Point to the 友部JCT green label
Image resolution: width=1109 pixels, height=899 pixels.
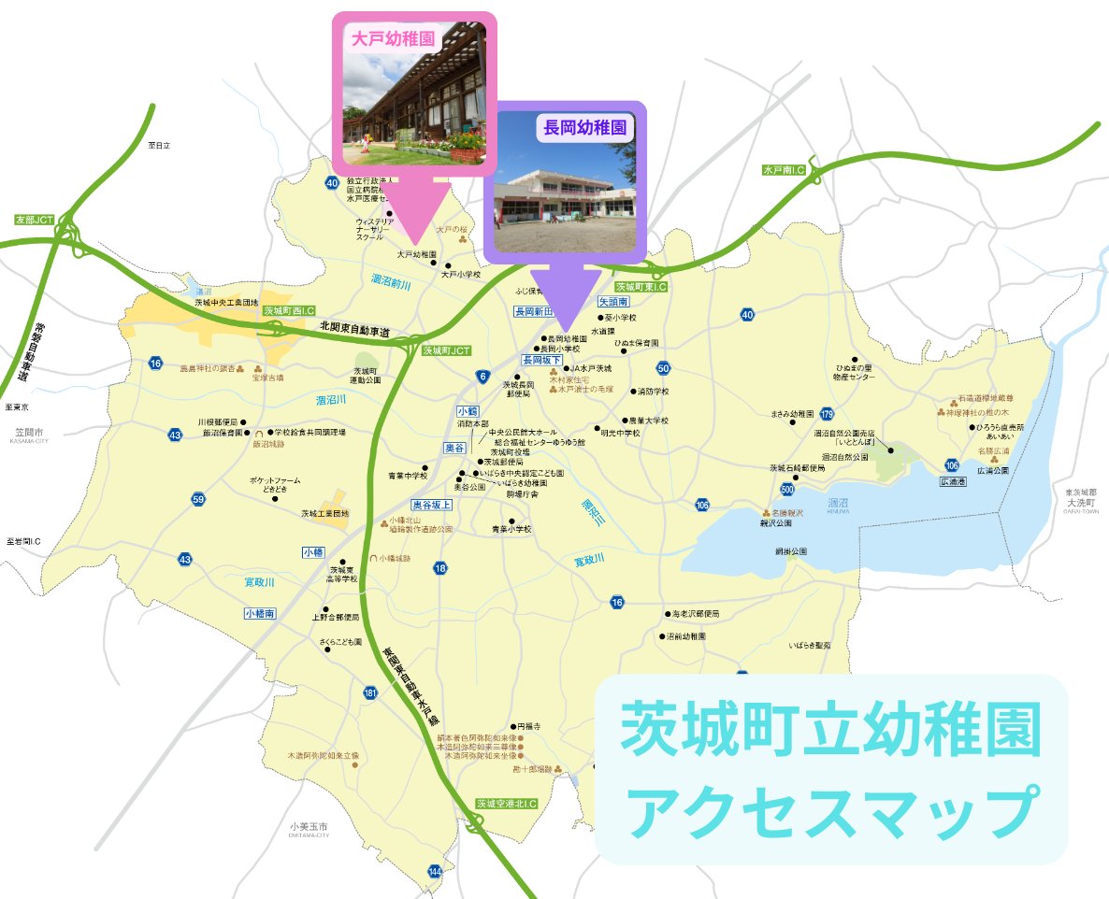tap(35, 221)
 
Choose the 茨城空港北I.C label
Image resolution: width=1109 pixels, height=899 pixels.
tap(506, 803)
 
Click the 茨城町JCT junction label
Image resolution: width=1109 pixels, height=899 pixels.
tap(445, 351)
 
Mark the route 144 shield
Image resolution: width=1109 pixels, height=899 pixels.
tap(435, 872)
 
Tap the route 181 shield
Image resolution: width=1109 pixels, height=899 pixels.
tap(370, 692)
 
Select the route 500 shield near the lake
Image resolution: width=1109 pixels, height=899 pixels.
tap(787, 489)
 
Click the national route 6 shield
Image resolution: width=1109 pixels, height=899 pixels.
tap(482, 377)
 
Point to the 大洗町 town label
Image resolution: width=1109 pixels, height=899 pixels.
tap(1085, 503)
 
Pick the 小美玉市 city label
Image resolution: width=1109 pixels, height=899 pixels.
tap(310, 827)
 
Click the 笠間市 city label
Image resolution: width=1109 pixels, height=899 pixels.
tap(29, 433)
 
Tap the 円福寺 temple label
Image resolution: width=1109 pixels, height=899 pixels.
tap(529, 726)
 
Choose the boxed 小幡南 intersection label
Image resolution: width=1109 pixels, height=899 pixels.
tap(259, 614)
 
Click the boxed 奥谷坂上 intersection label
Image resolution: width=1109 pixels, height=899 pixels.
tap(432, 505)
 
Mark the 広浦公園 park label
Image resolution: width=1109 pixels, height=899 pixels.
tap(993, 471)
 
